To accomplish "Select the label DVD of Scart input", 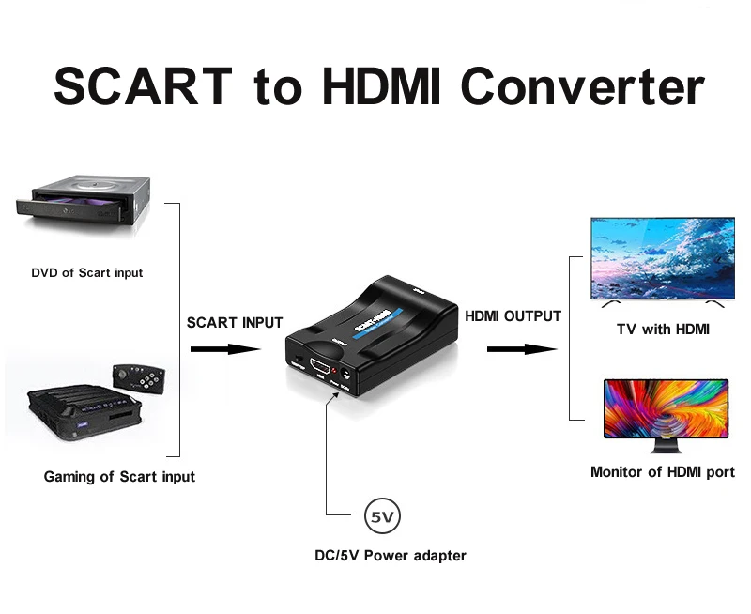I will click(87, 273).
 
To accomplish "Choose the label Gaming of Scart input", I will click(119, 477).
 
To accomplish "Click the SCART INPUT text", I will click(235, 322).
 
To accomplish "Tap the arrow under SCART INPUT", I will click(225, 349).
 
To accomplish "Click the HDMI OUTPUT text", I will click(513, 316).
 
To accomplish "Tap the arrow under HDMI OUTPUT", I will click(522, 349).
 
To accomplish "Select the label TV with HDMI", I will click(663, 330).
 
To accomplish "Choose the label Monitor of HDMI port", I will click(663, 471).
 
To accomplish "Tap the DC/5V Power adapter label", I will click(391, 555).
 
